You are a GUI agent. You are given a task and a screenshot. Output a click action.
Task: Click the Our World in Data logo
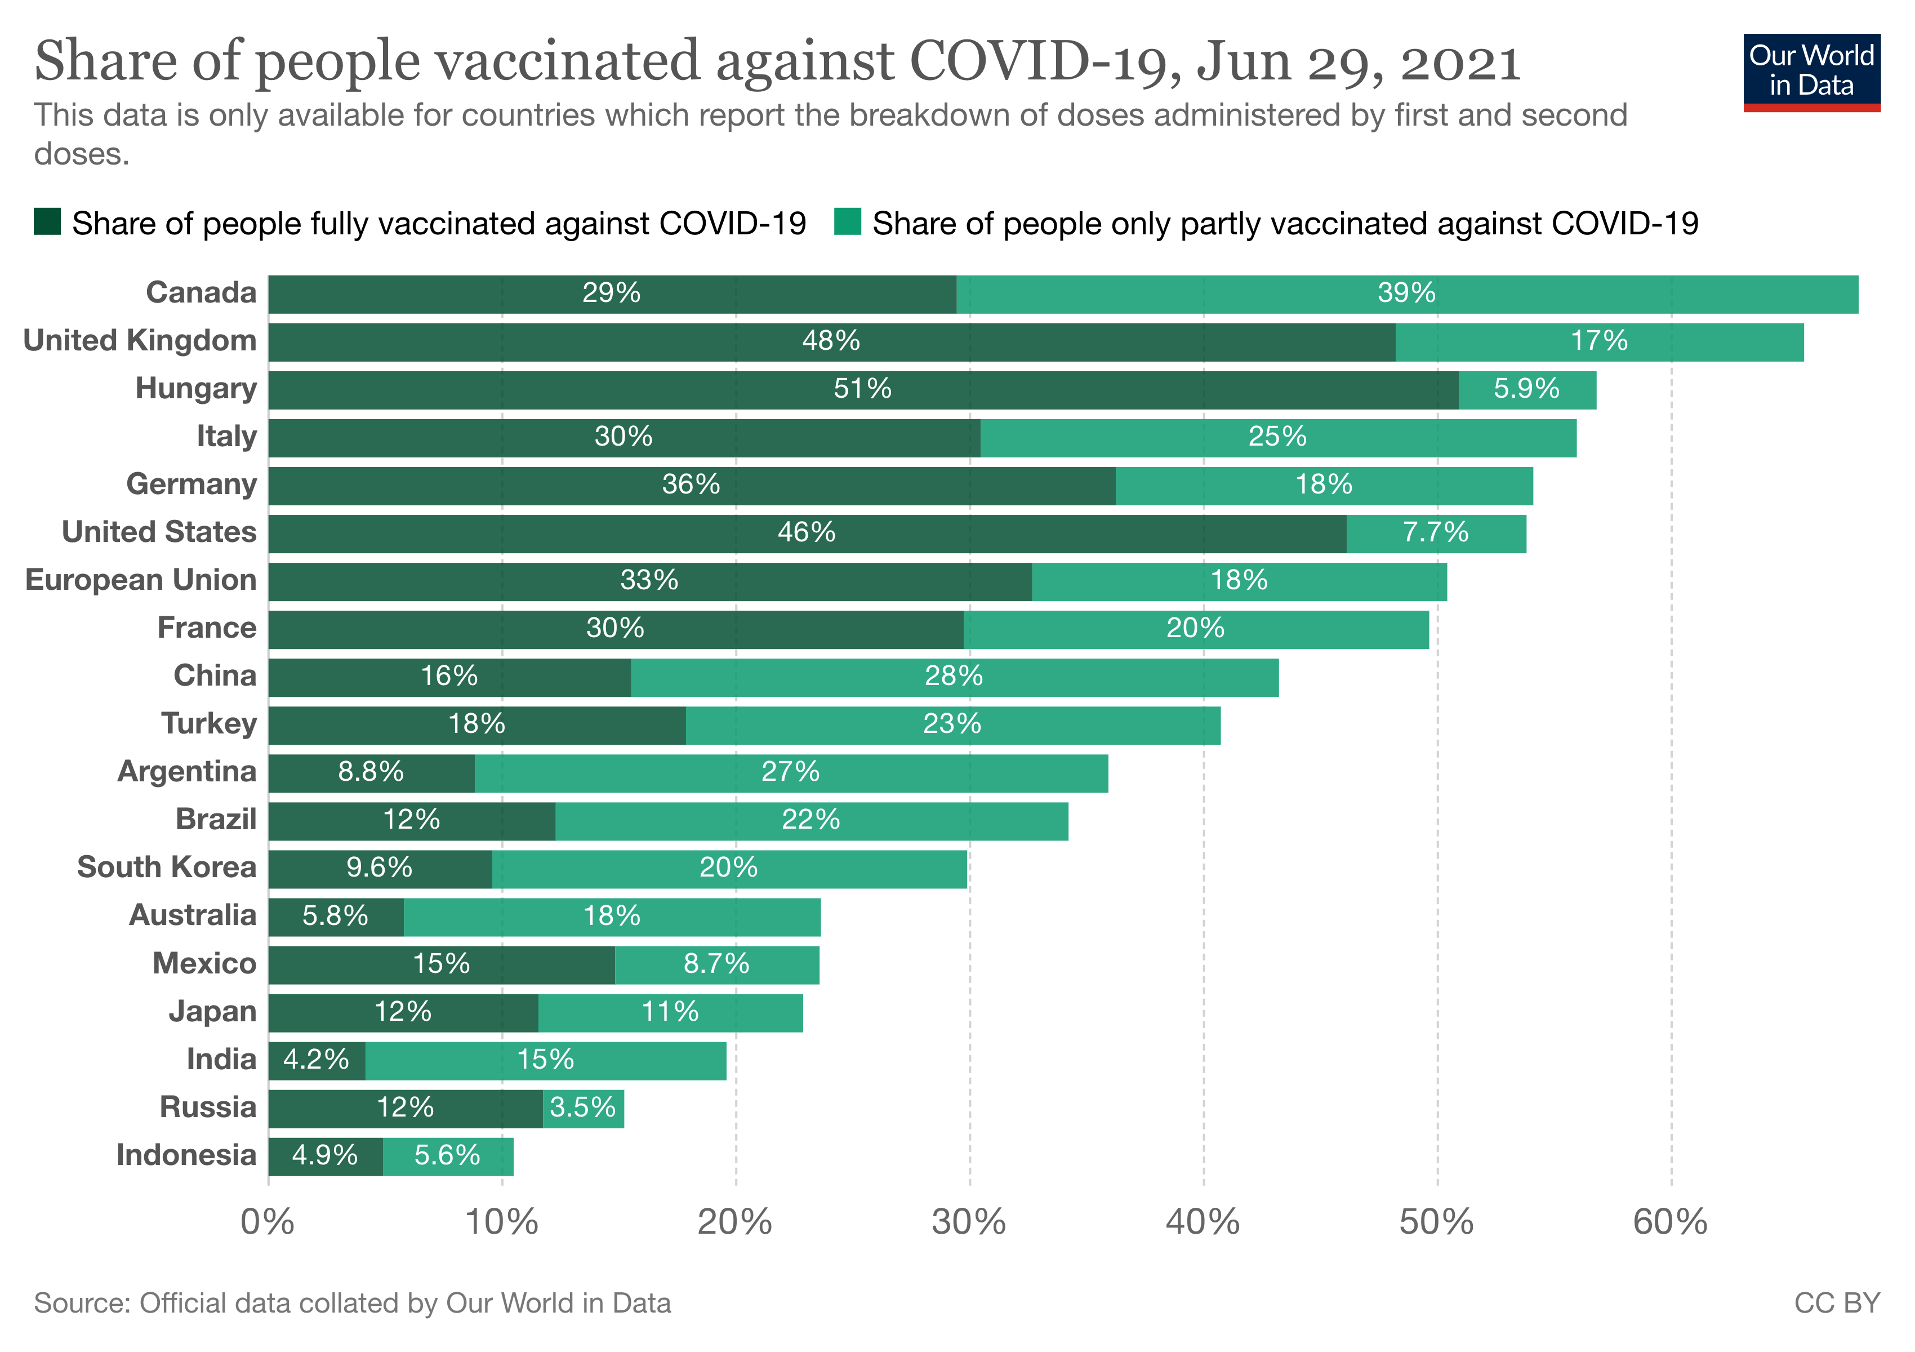coord(1811,72)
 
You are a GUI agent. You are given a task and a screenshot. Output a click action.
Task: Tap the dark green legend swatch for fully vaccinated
coord(47,223)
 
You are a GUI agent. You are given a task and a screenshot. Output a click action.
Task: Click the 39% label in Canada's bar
coord(1406,293)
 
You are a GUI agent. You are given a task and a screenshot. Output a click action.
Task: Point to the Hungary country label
coord(196,389)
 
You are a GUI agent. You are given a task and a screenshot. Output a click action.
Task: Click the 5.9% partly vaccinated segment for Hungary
coord(1526,389)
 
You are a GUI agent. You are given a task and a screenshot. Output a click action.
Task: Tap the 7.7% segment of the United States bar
coord(1436,532)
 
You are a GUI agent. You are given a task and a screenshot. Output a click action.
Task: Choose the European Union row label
coord(141,580)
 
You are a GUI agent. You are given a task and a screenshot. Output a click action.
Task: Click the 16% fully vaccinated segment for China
coord(449,675)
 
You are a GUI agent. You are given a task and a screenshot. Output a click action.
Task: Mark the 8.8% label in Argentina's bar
coord(370,772)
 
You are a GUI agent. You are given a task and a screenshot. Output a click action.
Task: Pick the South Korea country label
coord(167,868)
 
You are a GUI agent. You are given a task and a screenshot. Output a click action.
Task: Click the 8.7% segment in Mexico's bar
coord(716,963)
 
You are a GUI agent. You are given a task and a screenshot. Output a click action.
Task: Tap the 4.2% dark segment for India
coord(316,1059)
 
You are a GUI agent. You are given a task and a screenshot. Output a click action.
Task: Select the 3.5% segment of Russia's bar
coord(583,1108)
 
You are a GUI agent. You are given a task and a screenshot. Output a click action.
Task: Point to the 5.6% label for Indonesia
coord(447,1155)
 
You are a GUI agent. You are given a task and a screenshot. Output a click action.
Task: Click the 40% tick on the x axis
coord(1203,1223)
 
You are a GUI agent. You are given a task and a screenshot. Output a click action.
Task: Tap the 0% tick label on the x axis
coord(267,1223)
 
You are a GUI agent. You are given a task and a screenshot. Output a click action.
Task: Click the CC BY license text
coord(1837,1303)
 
